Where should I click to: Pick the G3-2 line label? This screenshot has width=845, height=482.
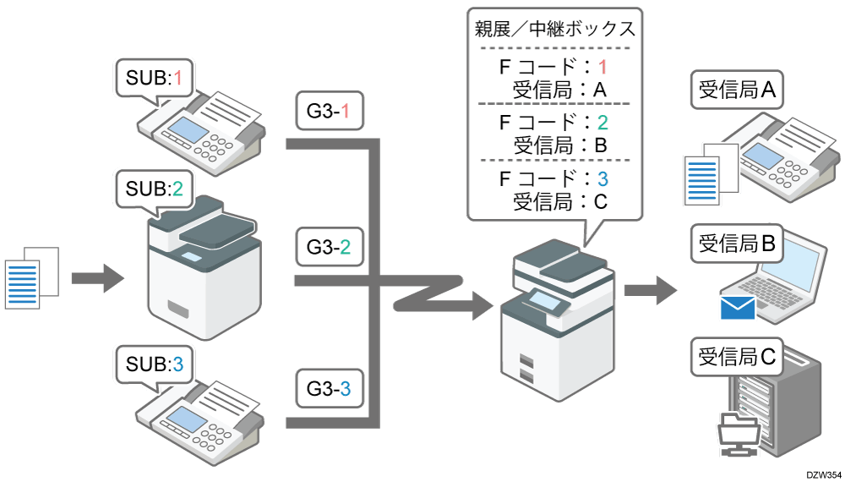click(329, 248)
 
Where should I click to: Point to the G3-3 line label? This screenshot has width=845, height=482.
click(329, 390)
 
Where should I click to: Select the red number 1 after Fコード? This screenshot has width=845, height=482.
click(602, 66)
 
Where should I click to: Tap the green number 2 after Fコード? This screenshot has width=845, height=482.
click(602, 122)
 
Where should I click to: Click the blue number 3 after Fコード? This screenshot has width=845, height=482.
click(602, 178)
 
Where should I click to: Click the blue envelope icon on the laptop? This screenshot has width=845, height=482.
click(737, 307)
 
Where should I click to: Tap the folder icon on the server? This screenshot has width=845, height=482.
click(737, 428)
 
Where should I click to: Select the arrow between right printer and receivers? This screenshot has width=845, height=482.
click(650, 291)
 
